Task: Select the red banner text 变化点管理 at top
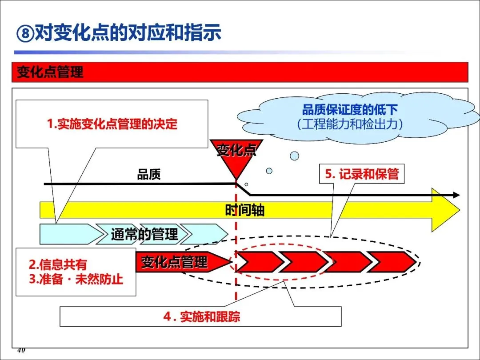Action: click(50, 72)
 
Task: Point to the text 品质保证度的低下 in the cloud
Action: click(350, 110)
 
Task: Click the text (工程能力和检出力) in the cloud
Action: click(350, 124)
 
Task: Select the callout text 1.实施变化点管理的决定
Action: click(112, 124)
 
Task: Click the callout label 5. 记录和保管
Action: click(362, 174)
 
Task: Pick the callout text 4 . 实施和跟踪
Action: click(201, 317)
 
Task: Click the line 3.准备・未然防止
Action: click(76, 279)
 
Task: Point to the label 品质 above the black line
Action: click(148, 175)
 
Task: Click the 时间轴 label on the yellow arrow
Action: click(244, 210)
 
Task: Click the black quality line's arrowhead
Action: click(456, 195)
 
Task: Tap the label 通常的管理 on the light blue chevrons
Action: click(144, 234)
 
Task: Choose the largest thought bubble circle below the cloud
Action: click(294, 156)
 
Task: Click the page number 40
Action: click(21, 351)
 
